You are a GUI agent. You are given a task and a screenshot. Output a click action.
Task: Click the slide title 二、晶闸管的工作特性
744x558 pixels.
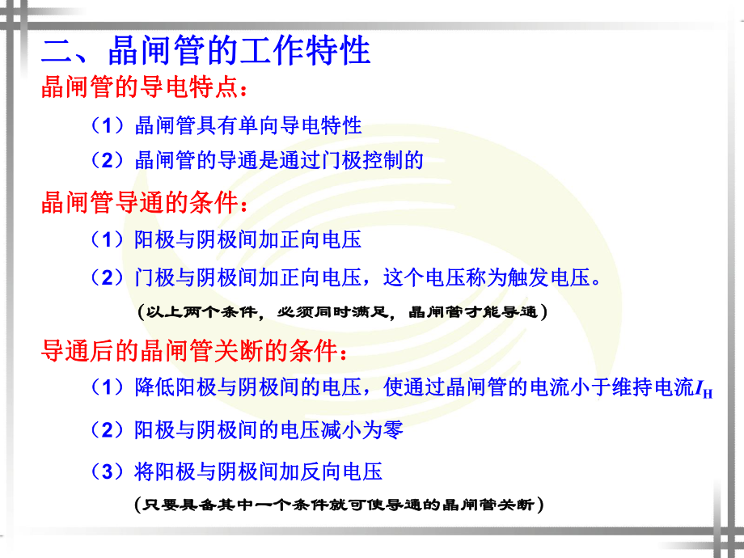coord(206,51)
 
